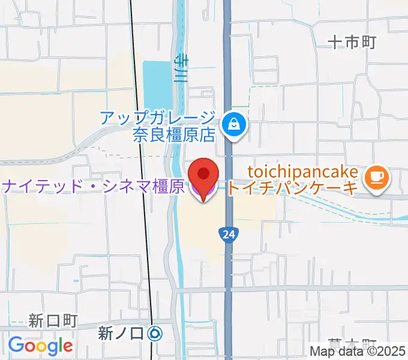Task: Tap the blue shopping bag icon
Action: pyautogui.click(x=230, y=125)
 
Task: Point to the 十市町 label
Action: pyautogui.click(x=352, y=41)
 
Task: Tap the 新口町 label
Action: pyautogui.click(x=53, y=320)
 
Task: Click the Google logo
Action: pyautogui.click(x=40, y=346)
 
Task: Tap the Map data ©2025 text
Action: pyautogui.click(x=358, y=352)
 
